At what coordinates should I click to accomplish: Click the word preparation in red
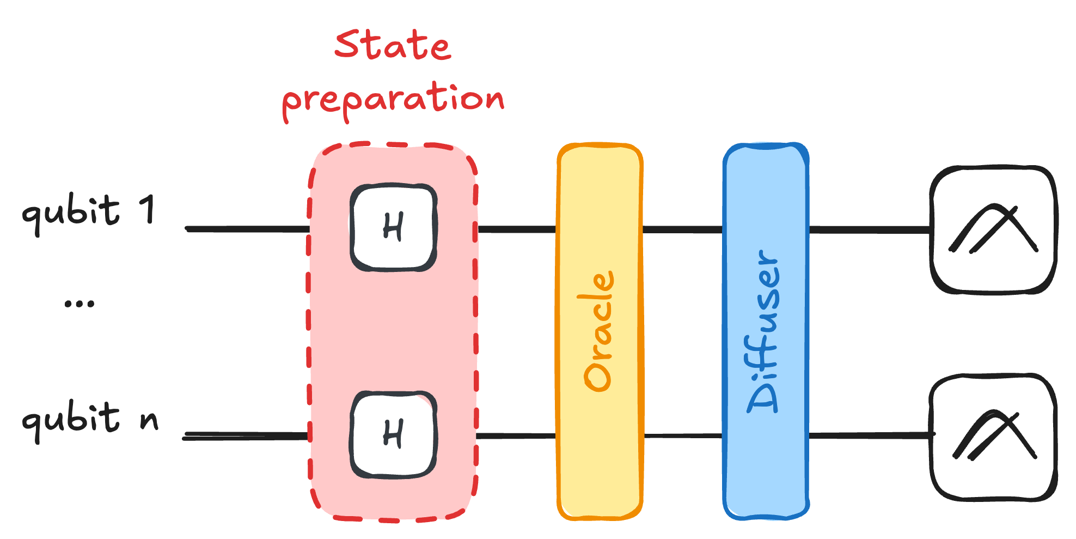pyautogui.click(x=393, y=101)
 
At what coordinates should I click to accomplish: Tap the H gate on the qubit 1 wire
pyautogui.click(x=393, y=228)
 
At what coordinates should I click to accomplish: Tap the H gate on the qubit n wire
pyautogui.click(x=393, y=435)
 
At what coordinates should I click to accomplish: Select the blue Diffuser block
pyautogui.click(x=765, y=463)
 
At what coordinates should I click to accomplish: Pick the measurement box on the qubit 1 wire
pyautogui.click(x=993, y=229)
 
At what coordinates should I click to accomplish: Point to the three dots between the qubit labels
pyautogui.click(x=80, y=304)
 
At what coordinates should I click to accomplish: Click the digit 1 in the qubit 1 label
pyautogui.click(x=147, y=210)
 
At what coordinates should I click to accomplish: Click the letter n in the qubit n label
pyautogui.click(x=149, y=420)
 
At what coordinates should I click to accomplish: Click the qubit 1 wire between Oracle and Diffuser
pyautogui.click(x=683, y=229)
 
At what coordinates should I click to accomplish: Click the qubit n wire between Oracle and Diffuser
pyautogui.click(x=683, y=435)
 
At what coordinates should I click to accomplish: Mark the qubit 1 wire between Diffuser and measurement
pyautogui.click(x=869, y=229)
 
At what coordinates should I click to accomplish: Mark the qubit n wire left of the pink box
pyautogui.click(x=245, y=436)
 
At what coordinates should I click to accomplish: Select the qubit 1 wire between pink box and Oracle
pyautogui.click(x=516, y=229)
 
